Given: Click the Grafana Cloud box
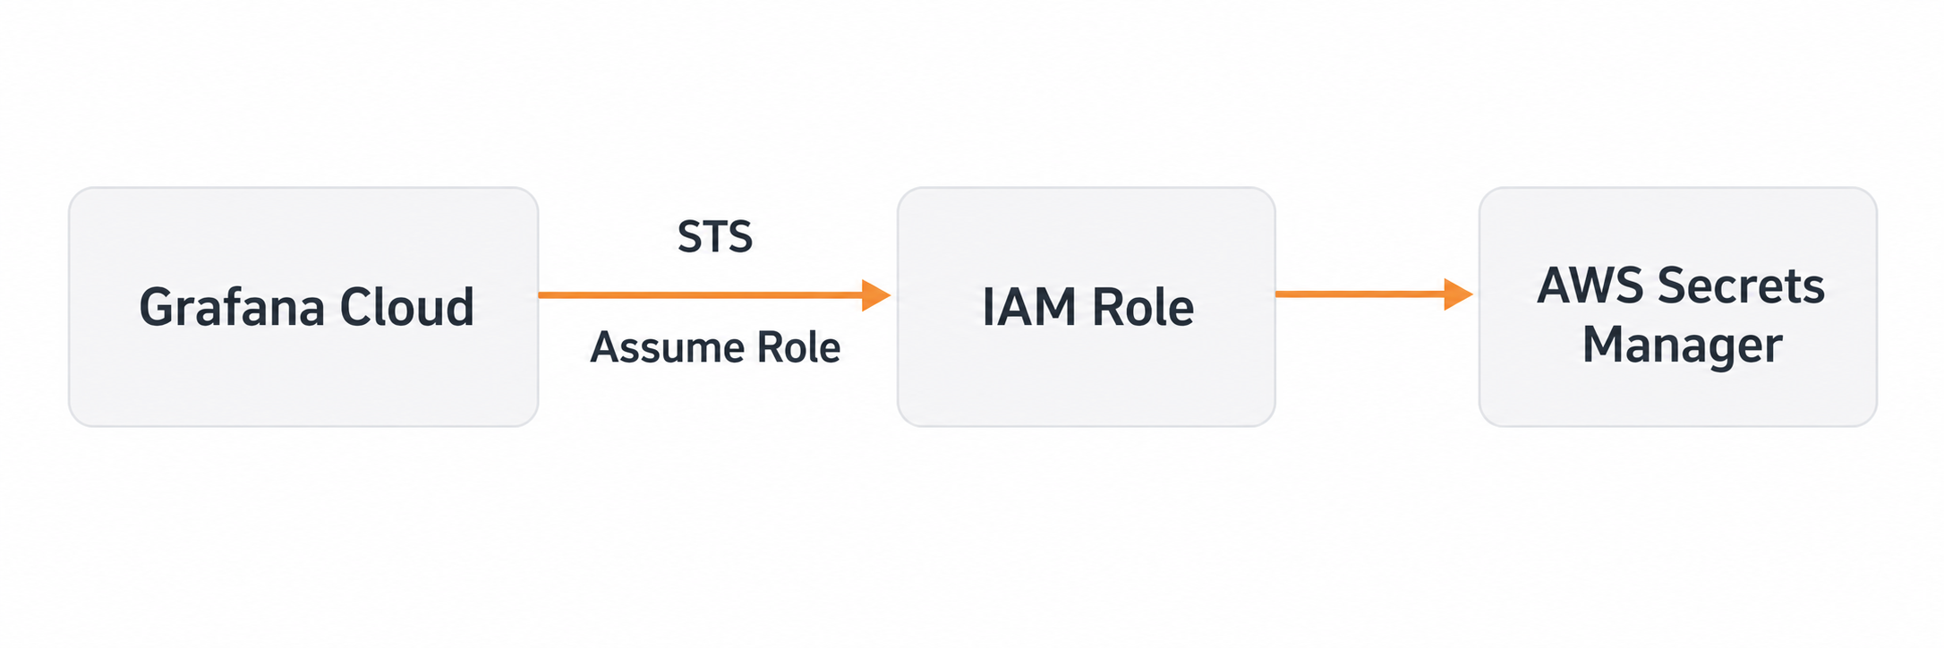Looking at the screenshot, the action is pyautogui.click(x=303, y=307).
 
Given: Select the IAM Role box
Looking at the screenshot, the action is pyautogui.click(x=1087, y=307).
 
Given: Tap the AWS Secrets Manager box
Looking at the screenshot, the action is pyautogui.click(x=1678, y=307).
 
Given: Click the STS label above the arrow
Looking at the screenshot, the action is pyautogui.click(x=715, y=237).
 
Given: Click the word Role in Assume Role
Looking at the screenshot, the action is pyautogui.click(x=798, y=347).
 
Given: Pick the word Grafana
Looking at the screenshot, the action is pyautogui.click(x=232, y=307).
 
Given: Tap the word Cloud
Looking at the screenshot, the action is pyautogui.click(x=407, y=307).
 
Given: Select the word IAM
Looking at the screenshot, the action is pyautogui.click(x=1030, y=307).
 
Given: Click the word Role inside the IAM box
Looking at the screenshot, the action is pyautogui.click(x=1143, y=307).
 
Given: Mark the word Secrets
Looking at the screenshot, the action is pyautogui.click(x=1741, y=286).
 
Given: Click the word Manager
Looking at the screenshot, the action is pyautogui.click(x=1683, y=345).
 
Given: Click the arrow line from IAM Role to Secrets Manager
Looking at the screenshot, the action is pyautogui.click(x=1375, y=294).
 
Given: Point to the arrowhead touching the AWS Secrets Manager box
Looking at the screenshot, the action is pyautogui.click(x=1459, y=294).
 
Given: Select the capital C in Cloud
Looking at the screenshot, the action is pyautogui.click(x=355, y=307).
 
